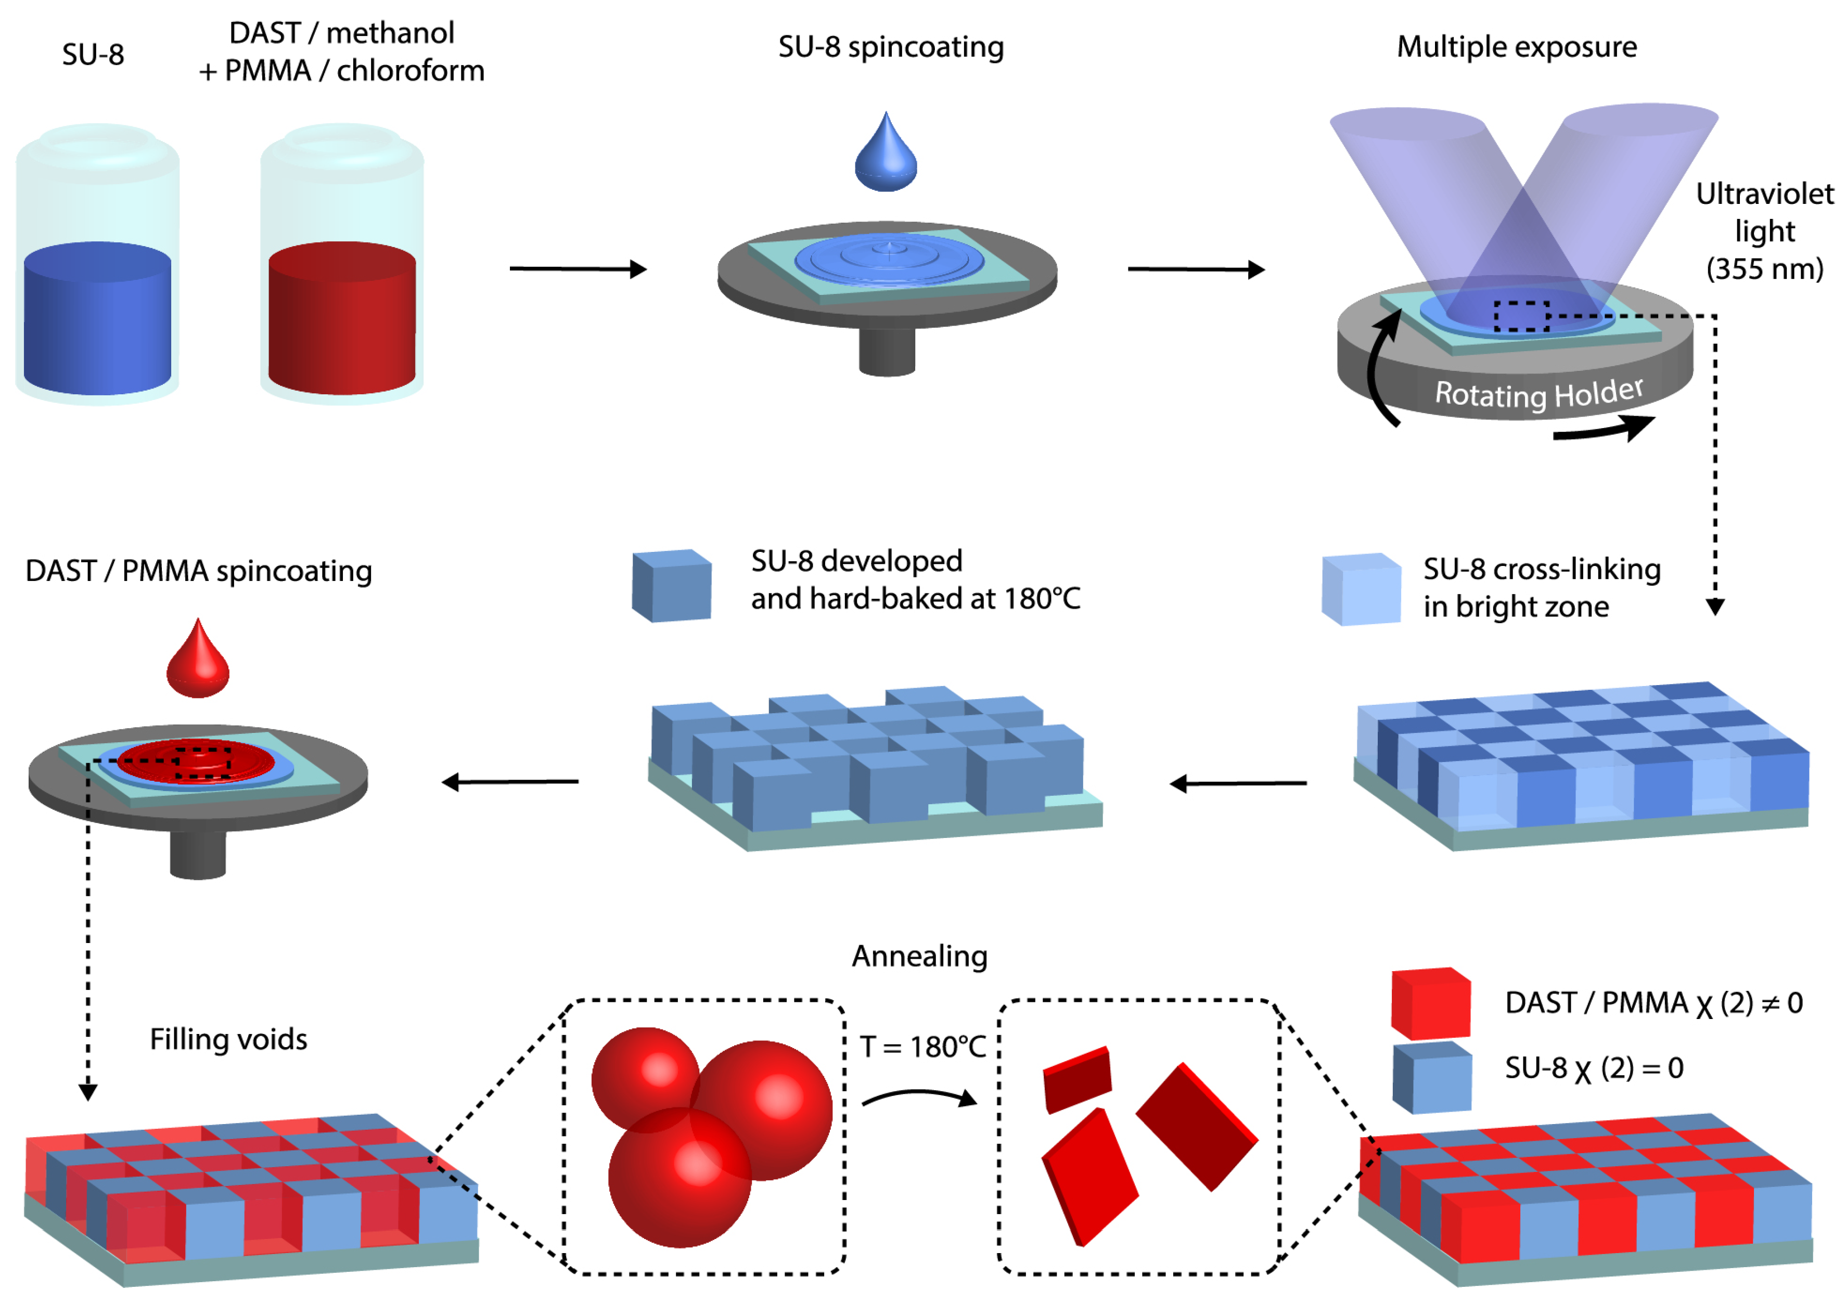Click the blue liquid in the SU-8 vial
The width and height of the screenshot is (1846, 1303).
[x=97, y=321]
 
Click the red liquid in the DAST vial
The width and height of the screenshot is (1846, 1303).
[x=342, y=321]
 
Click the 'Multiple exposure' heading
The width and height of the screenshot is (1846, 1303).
[x=1516, y=47]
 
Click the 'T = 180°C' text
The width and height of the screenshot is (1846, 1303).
[x=922, y=1047]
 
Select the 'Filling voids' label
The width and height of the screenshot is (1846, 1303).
[x=228, y=1039]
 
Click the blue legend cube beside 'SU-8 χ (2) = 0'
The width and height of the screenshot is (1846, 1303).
[x=1432, y=1077]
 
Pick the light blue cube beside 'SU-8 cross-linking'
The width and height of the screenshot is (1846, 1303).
[x=1361, y=589]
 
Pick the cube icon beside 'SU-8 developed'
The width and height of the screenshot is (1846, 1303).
[x=671, y=586]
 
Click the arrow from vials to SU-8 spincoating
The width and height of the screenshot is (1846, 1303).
[x=578, y=268]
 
